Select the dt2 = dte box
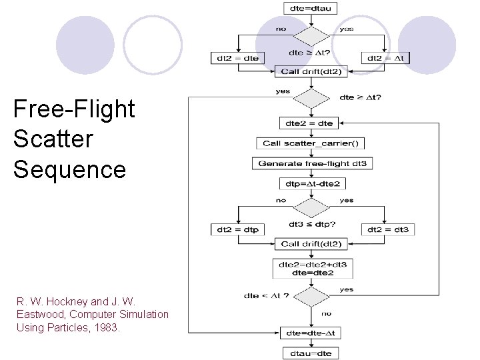pos(237,58)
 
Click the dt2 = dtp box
pos(237,229)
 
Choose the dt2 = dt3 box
pos(387,229)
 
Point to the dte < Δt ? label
pos(266,295)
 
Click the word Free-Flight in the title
pos(74,109)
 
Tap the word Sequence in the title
pos(69,169)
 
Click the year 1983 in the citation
pos(107,327)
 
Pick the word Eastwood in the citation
pos(38,314)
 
